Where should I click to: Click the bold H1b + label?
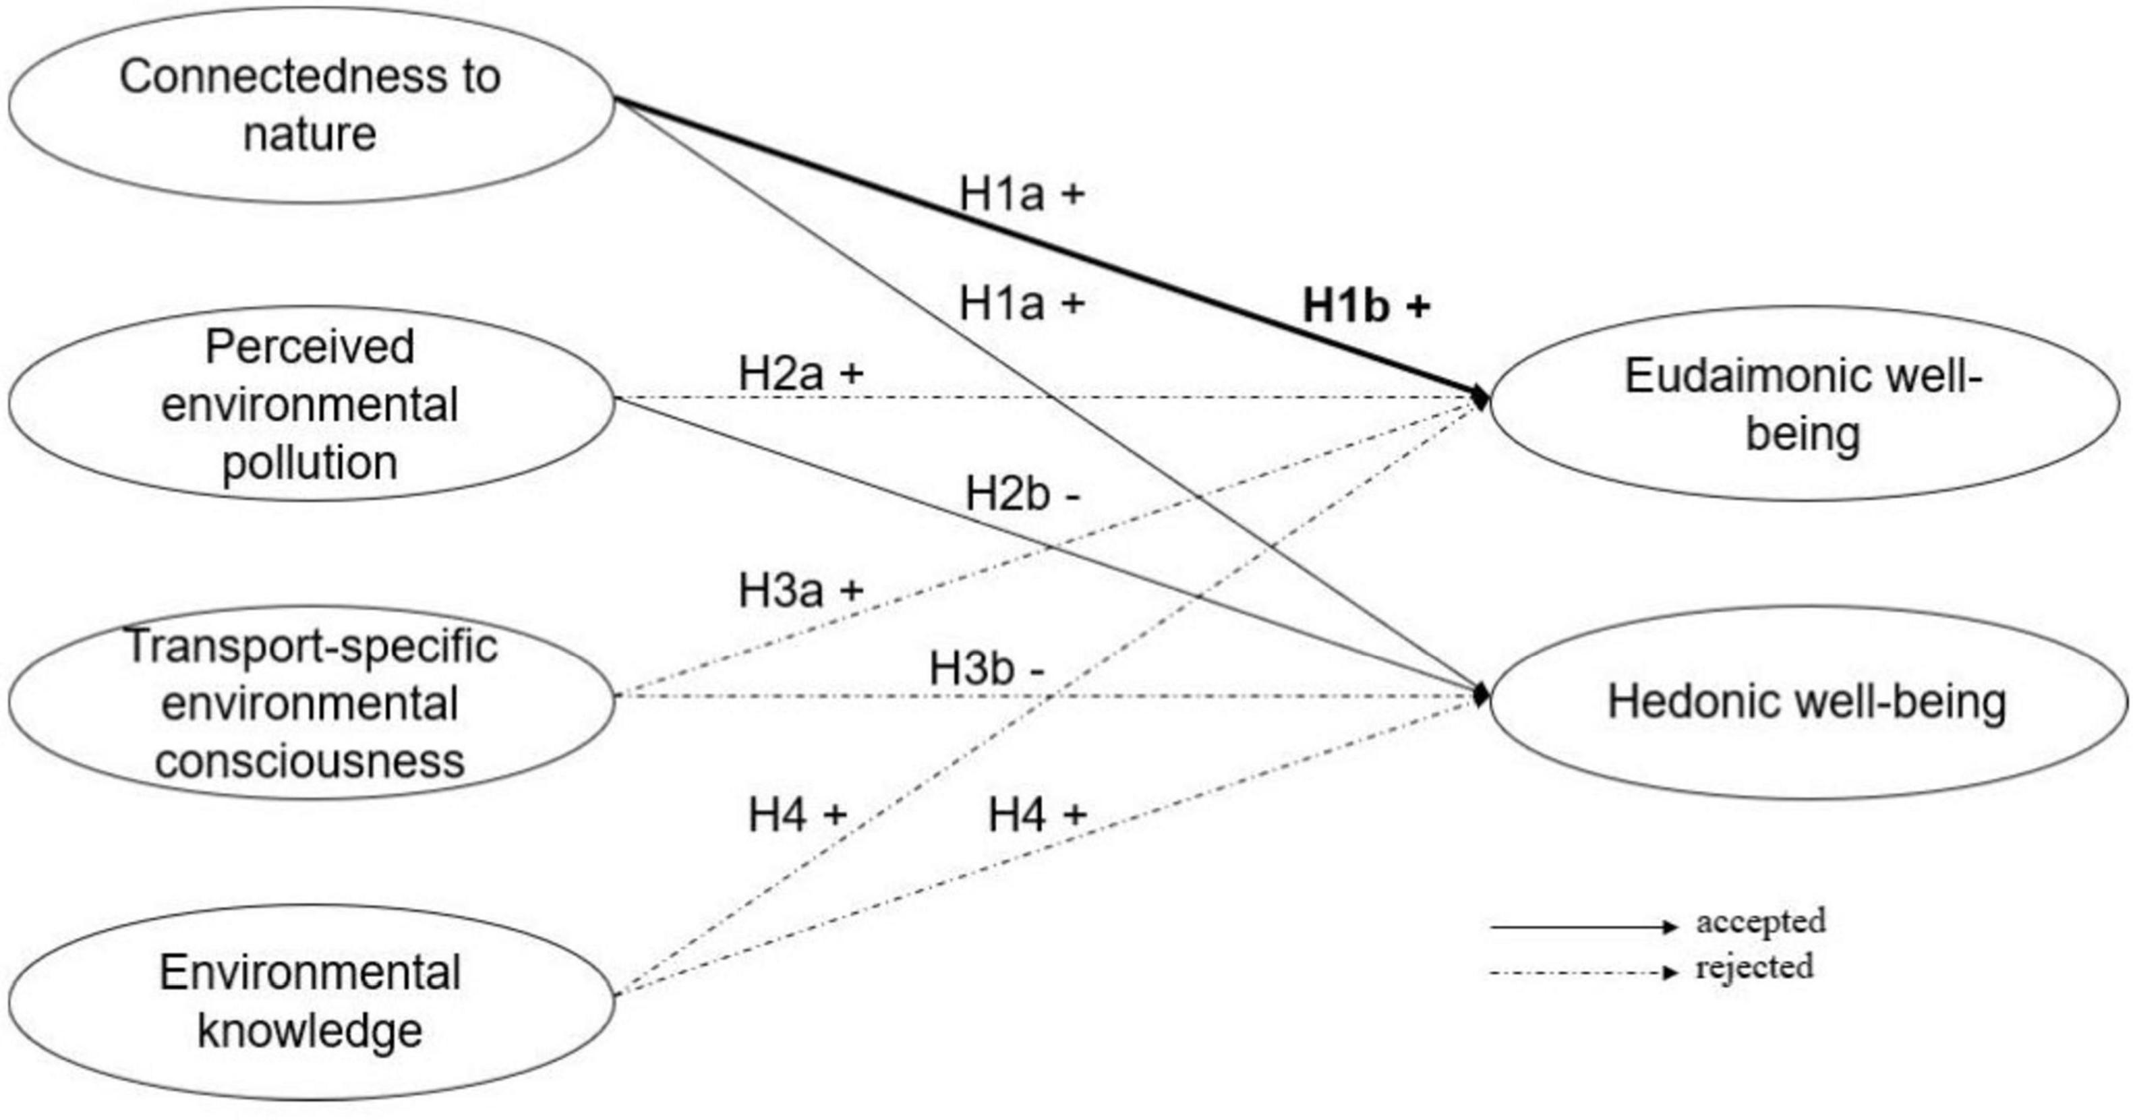1366,305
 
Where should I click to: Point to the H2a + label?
800,374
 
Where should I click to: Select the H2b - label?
1022,495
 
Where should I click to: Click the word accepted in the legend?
1760,921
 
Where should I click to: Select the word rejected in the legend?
1754,967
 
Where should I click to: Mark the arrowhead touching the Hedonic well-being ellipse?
1480,695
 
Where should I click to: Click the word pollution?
310,463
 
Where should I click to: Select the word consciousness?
310,761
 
